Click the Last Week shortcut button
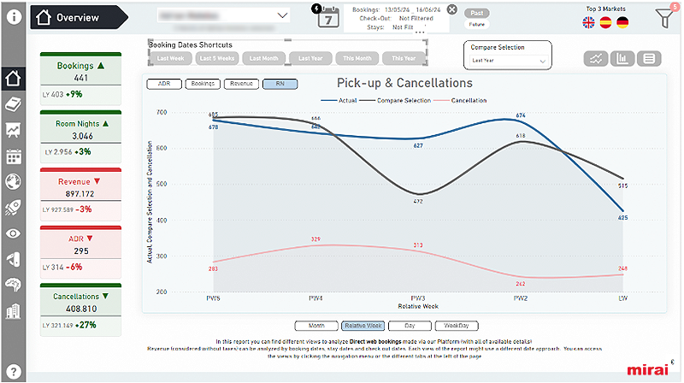pos(170,58)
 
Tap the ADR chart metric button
pos(163,84)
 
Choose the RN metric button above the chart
pos(280,84)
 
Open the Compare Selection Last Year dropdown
pos(508,62)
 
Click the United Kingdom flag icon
pos(589,23)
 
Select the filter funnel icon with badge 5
pos(663,16)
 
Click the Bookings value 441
pos(81,78)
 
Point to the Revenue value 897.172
pos(81,194)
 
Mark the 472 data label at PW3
pos(418,202)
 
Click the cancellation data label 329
pos(315,239)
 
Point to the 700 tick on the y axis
pos(160,112)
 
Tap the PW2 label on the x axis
pos(520,298)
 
